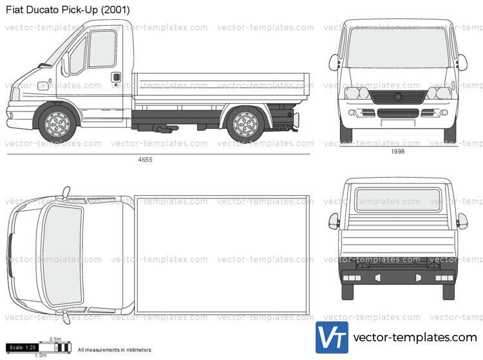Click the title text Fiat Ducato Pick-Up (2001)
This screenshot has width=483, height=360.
[67, 10]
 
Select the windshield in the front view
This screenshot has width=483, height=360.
[397, 50]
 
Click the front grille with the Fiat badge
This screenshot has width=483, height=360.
[397, 97]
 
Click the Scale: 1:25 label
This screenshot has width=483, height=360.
[23, 348]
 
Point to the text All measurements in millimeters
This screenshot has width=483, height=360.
[115, 350]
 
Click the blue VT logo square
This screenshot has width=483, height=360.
[332, 337]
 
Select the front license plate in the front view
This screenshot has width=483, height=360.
[397, 122]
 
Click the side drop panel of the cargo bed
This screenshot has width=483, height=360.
[221, 90]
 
